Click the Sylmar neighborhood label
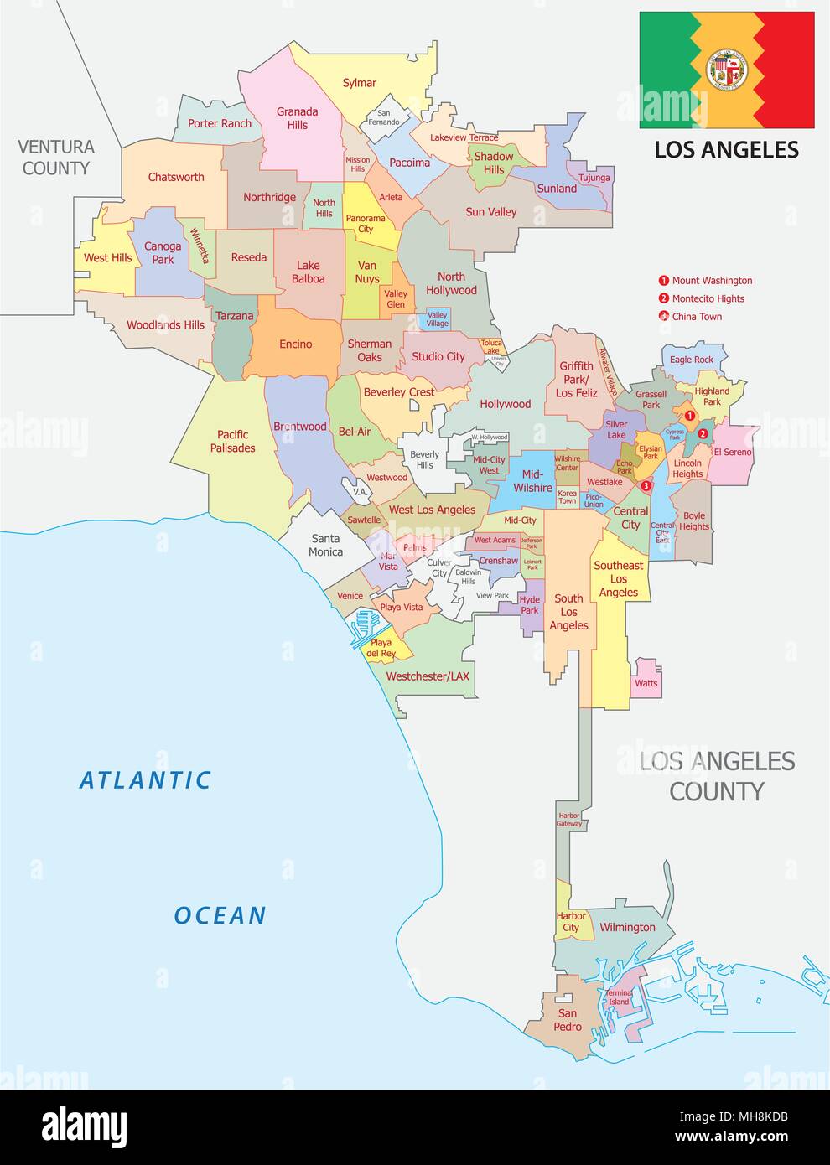[x=359, y=83]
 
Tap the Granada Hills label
[x=298, y=118]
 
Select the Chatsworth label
[x=176, y=177]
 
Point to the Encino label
[x=295, y=344]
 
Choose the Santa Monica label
[x=325, y=545]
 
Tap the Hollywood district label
[x=505, y=404]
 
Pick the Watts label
[x=646, y=683]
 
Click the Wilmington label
[x=627, y=927]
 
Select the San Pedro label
[x=568, y=1020]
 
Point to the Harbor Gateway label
[x=568, y=820]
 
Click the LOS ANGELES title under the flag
[x=726, y=150]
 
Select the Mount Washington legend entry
[x=711, y=281]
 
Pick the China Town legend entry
[x=696, y=317]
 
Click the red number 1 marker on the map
[x=688, y=415]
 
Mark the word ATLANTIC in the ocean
[x=145, y=780]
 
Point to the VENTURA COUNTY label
[x=56, y=158]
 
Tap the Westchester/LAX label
[x=428, y=676]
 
